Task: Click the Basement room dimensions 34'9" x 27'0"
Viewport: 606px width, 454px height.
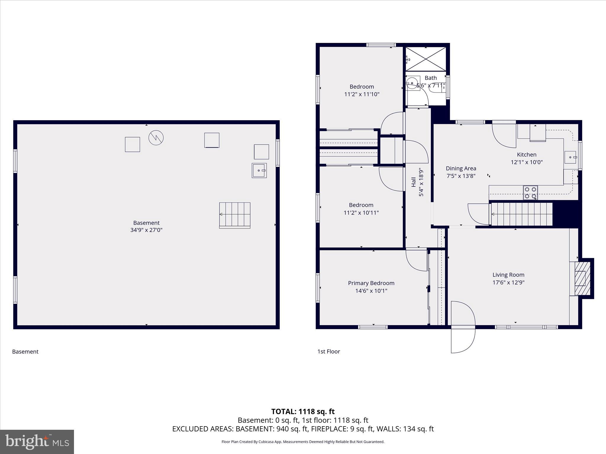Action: point(146,230)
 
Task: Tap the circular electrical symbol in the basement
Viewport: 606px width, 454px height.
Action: point(156,138)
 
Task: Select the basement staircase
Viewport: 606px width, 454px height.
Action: point(235,215)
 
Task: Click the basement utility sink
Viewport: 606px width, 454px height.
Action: point(259,171)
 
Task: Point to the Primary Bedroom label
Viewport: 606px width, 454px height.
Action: point(371,283)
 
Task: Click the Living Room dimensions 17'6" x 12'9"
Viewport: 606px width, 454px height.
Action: point(508,283)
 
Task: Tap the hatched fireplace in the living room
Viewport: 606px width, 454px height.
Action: point(580,278)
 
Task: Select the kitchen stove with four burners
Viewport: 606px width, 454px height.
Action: point(530,193)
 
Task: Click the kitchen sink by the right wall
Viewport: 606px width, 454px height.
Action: point(570,157)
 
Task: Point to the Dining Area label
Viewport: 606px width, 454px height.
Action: point(461,168)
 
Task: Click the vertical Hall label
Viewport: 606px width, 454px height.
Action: point(414,182)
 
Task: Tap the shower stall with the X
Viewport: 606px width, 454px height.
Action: point(426,59)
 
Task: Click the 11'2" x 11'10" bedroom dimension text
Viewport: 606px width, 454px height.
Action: point(362,94)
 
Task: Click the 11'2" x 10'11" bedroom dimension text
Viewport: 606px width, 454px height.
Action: point(361,213)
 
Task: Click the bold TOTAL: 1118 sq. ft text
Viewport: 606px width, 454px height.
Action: point(303,411)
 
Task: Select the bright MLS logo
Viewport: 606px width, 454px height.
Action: point(37,442)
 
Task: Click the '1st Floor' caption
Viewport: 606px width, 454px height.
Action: point(328,351)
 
